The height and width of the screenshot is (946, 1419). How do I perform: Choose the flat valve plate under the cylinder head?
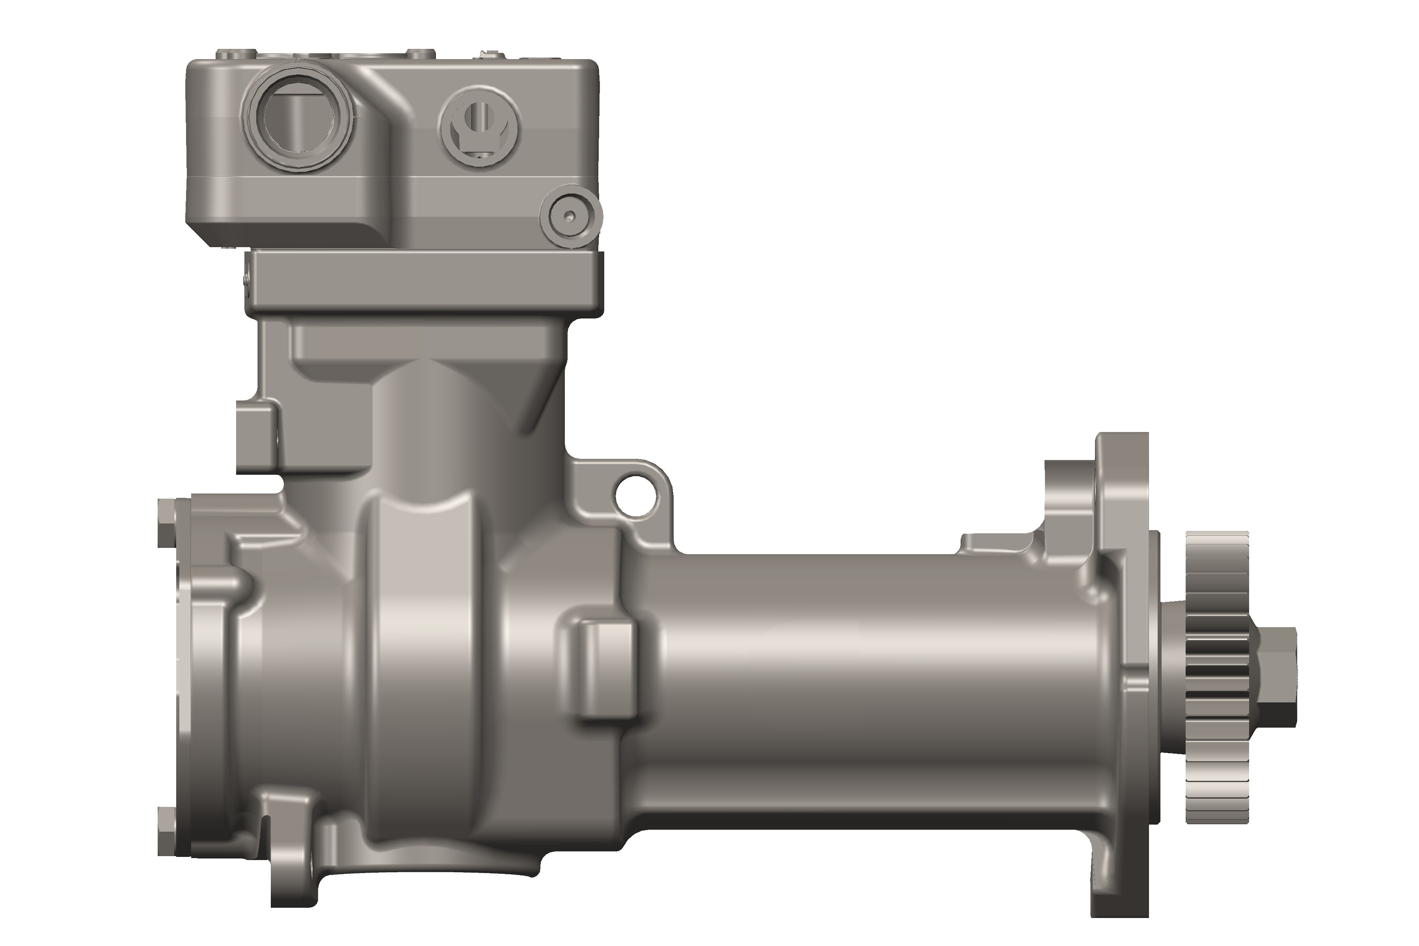[422, 282]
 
